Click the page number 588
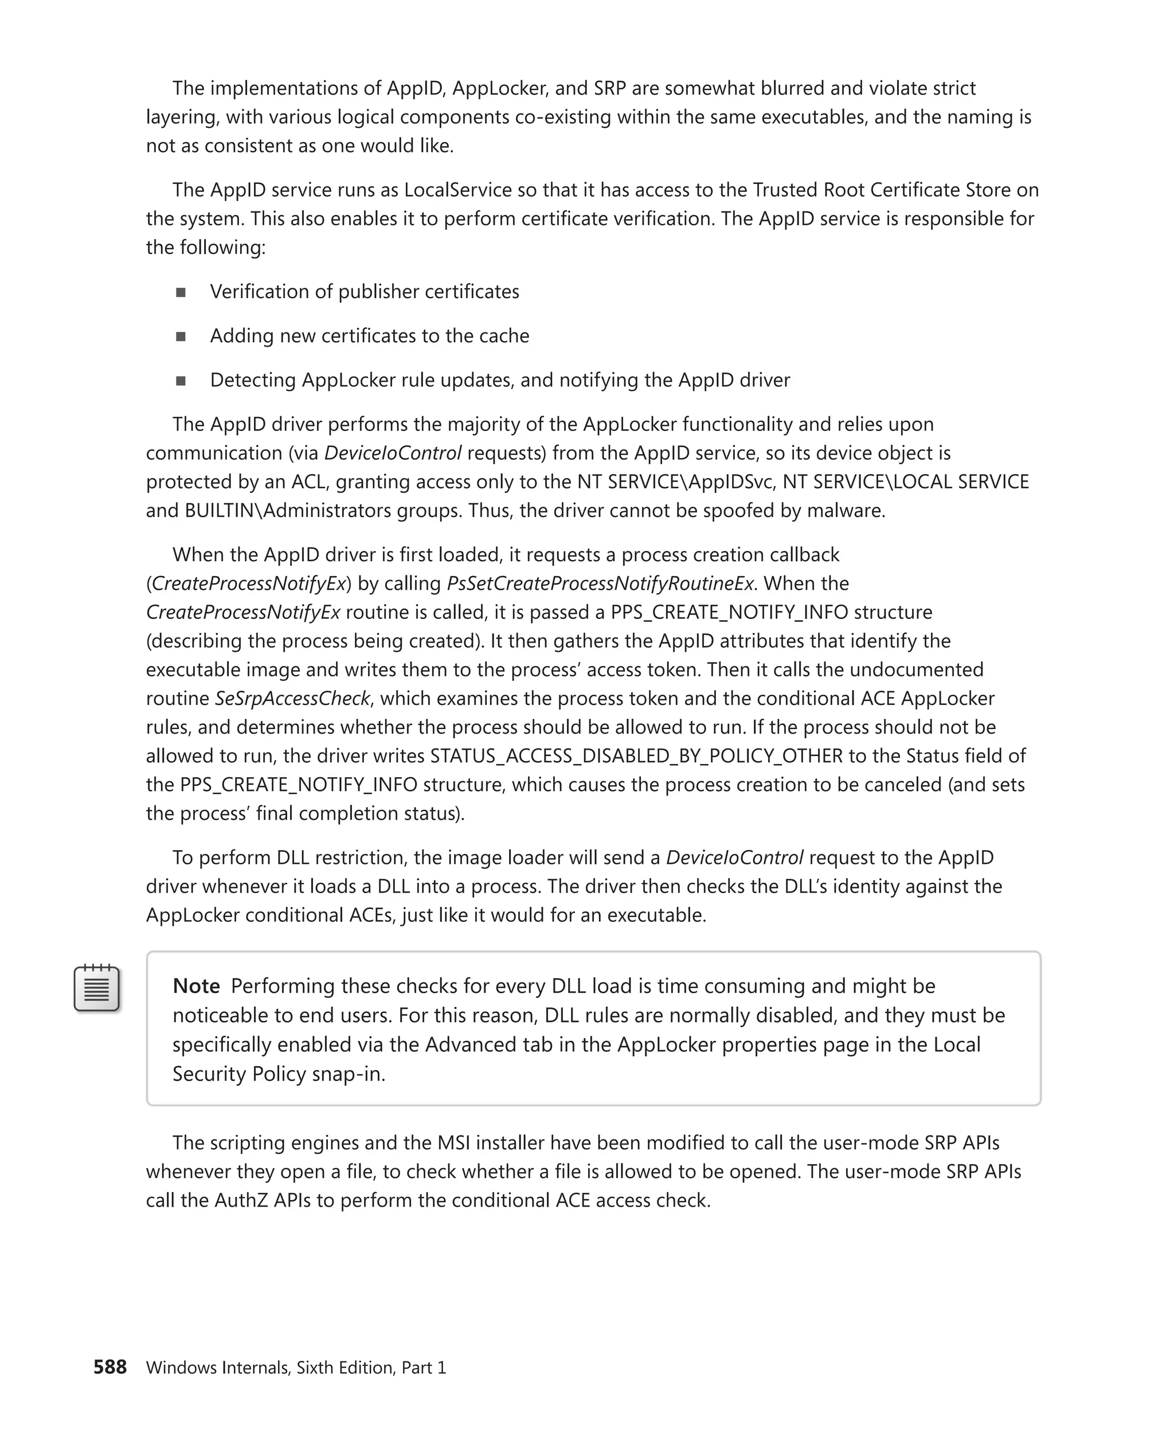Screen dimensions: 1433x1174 coord(109,1367)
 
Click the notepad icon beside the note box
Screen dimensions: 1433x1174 coord(97,988)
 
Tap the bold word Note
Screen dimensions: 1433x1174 coord(196,986)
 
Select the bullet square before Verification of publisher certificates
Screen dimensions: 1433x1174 coord(181,292)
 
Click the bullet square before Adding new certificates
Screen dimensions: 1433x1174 coord(181,336)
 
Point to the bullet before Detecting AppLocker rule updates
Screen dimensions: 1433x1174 coord(181,381)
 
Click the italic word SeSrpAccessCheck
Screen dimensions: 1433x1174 coord(292,698)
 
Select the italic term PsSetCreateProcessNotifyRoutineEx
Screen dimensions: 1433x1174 coord(600,583)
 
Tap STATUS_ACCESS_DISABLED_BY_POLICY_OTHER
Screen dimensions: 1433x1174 coord(636,755)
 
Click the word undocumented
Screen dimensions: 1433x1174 coord(917,669)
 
